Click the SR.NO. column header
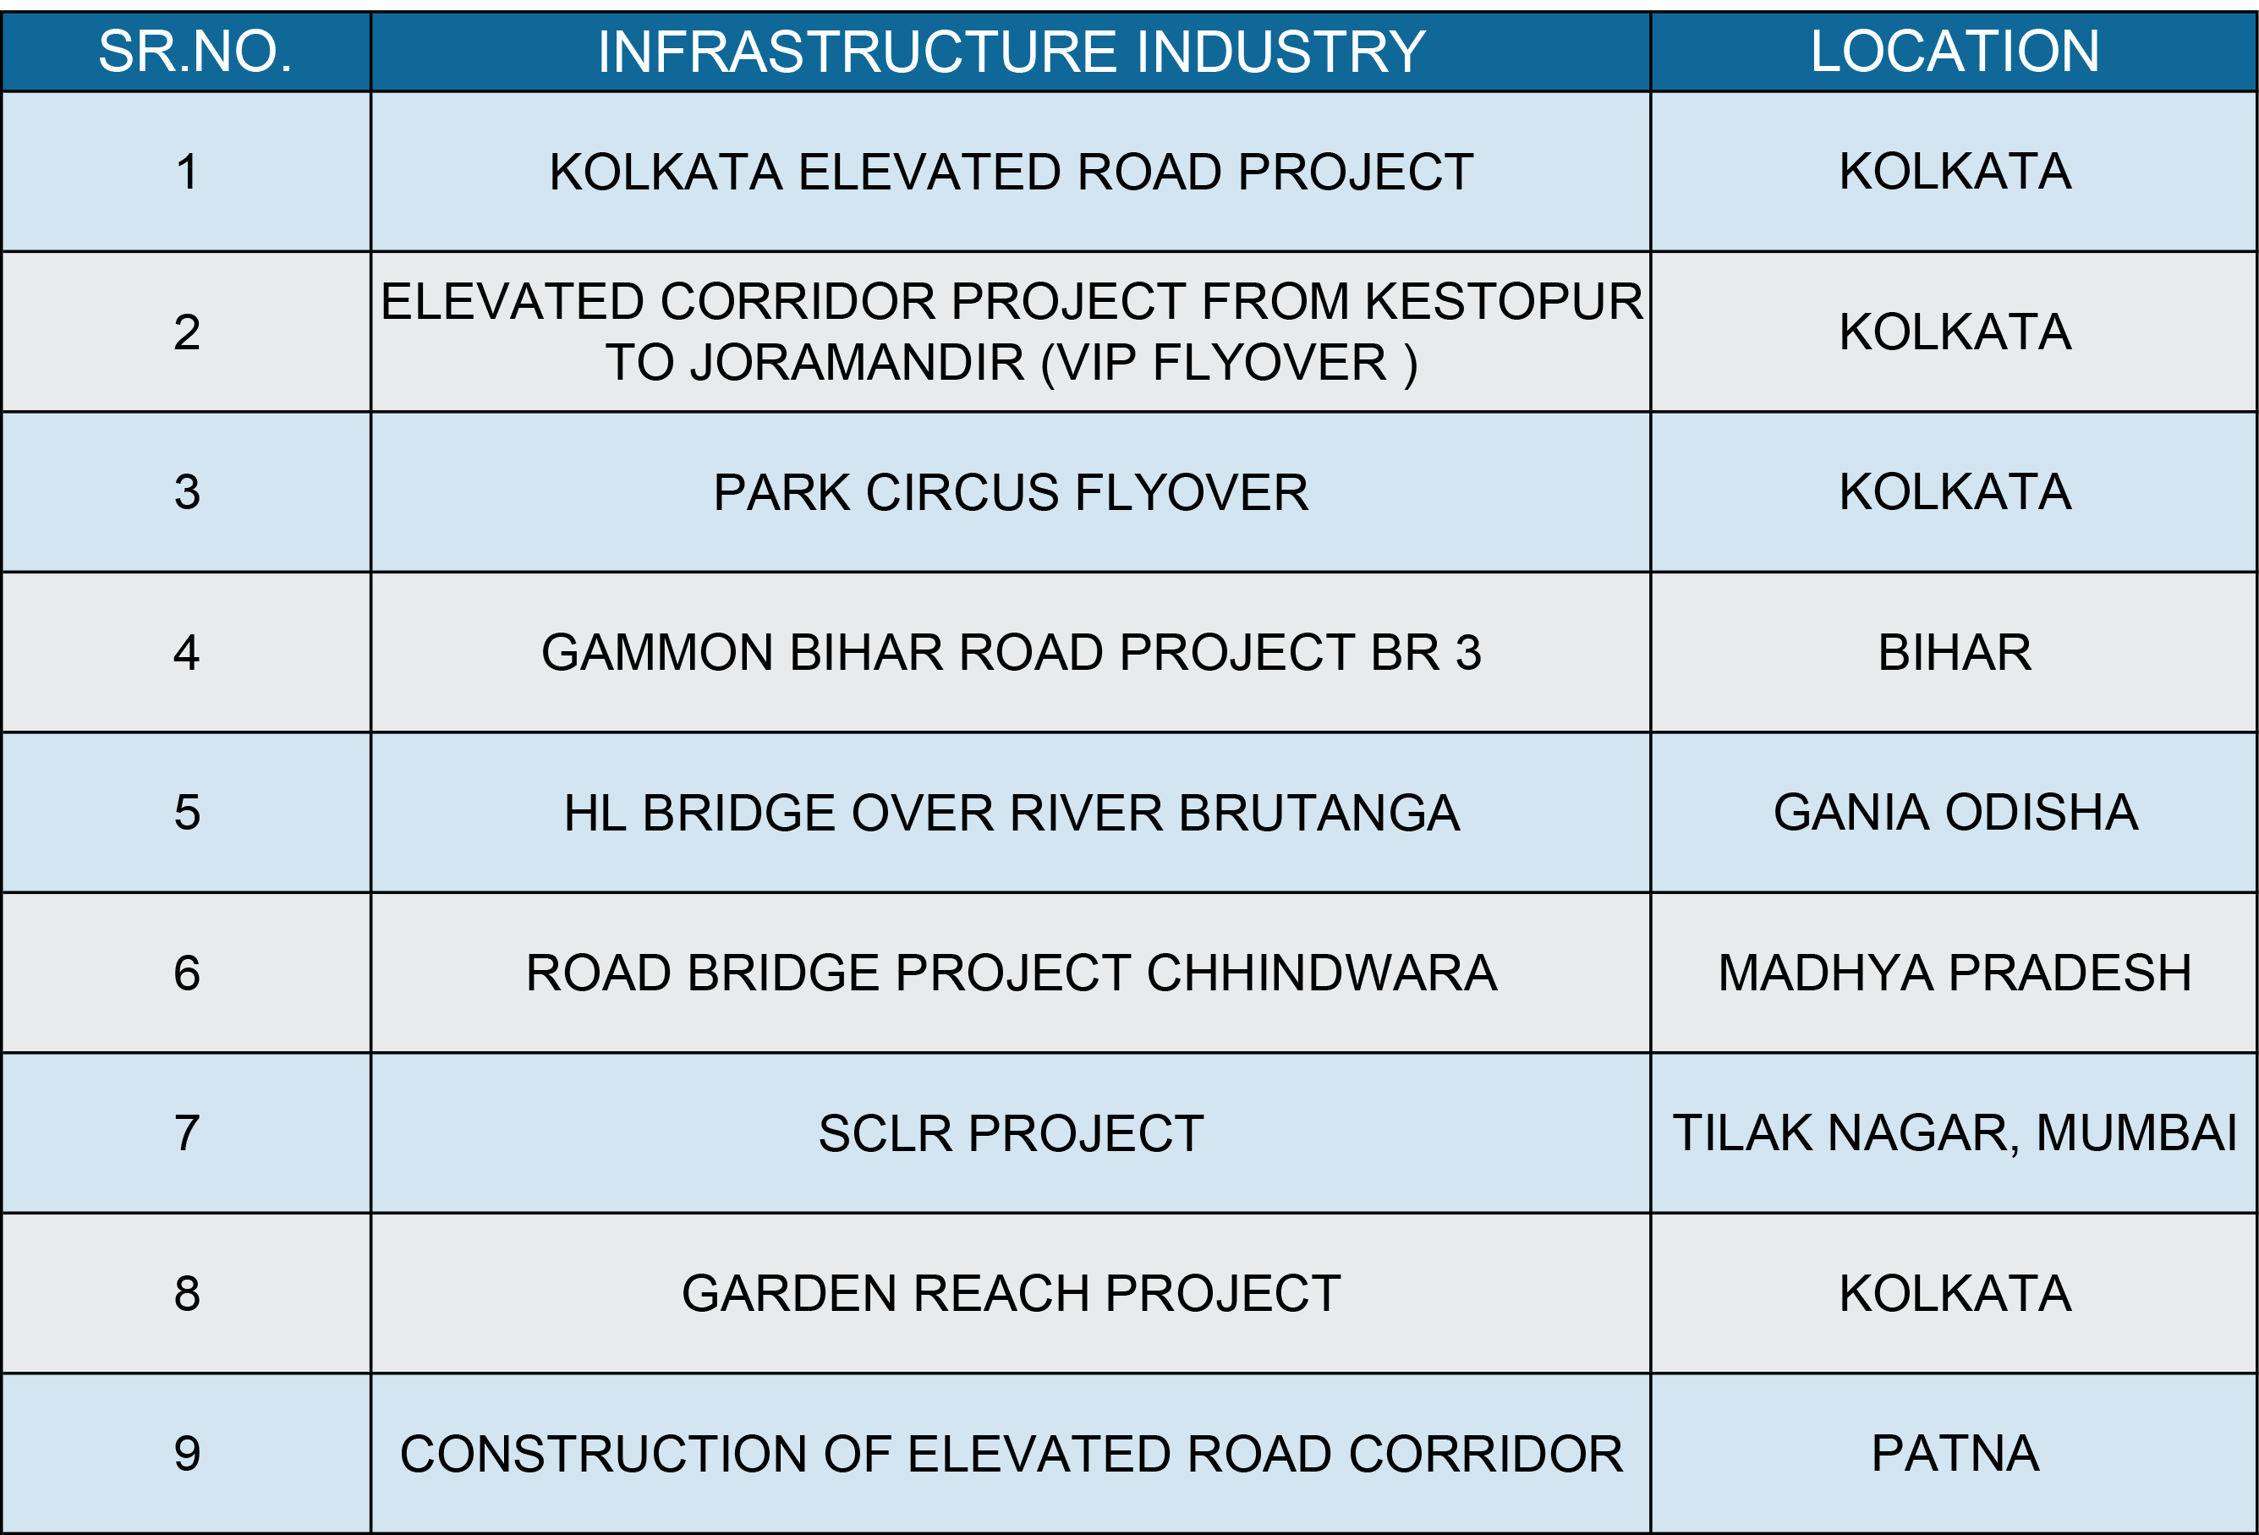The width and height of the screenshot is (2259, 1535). (x=195, y=52)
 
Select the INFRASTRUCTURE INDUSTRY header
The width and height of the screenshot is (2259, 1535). (x=1011, y=52)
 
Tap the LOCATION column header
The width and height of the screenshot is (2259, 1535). (x=1955, y=52)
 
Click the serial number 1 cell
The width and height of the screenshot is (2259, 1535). (x=188, y=172)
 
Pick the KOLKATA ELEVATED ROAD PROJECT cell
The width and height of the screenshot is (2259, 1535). (x=1011, y=172)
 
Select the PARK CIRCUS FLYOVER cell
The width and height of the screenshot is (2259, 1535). (x=1011, y=492)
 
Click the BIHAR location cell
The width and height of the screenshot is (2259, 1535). (x=1955, y=652)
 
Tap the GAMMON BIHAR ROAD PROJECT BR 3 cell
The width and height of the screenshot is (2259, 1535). (x=1011, y=652)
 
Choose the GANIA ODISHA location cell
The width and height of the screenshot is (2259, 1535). (x=1955, y=813)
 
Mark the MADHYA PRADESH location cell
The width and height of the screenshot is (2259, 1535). (x=1955, y=973)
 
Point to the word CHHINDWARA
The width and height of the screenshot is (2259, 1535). (x=1321, y=973)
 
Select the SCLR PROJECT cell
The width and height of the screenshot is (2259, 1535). (x=1011, y=1133)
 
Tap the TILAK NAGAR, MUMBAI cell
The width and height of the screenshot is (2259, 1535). (x=1955, y=1133)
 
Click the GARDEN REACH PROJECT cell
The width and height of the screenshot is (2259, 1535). (x=1011, y=1294)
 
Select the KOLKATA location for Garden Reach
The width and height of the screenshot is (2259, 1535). (x=1955, y=1294)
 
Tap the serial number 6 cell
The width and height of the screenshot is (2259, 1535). (x=188, y=973)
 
